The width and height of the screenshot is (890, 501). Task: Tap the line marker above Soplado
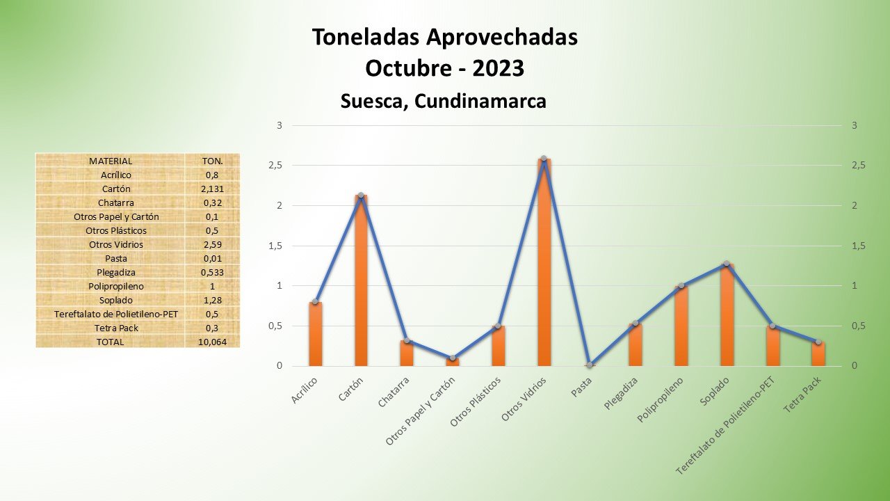point(727,264)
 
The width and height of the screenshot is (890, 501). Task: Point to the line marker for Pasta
point(590,365)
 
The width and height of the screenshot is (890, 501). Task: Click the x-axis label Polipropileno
point(661,400)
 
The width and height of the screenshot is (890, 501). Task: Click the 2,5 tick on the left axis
point(277,166)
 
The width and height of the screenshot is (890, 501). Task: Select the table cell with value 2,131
point(212,189)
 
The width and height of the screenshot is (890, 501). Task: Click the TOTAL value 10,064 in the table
point(212,342)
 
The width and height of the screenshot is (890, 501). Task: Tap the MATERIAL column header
point(111,161)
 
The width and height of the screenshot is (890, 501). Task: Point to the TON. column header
point(212,161)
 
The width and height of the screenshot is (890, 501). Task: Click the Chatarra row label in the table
point(111,202)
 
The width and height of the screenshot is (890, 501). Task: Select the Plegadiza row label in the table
point(111,272)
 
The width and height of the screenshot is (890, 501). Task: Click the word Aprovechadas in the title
point(491,37)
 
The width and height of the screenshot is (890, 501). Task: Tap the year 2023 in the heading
point(498,68)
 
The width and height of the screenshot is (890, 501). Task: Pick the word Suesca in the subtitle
point(372,101)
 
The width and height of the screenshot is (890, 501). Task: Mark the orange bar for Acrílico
point(316,334)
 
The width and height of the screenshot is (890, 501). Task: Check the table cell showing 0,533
point(212,272)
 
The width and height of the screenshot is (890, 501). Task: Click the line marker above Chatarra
point(407,340)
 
